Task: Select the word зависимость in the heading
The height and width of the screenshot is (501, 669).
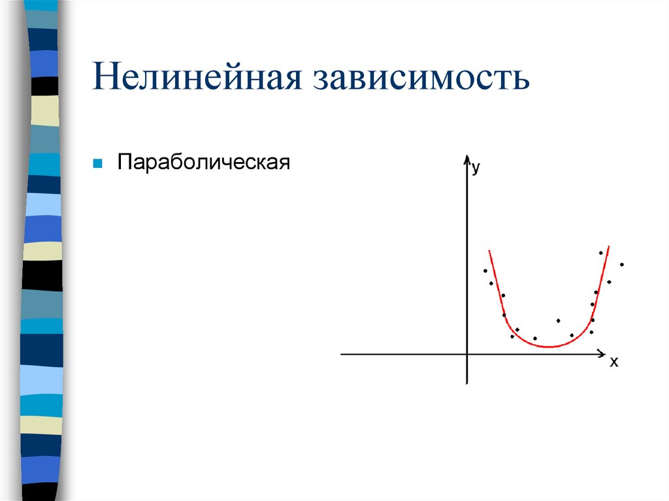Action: pos(422,77)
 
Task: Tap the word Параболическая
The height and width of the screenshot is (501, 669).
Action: pos(203,162)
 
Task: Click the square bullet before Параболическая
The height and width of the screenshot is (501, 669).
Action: pos(97,162)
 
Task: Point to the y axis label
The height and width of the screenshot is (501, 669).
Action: pos(476,168)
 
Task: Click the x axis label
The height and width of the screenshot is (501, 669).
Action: pos(613,363)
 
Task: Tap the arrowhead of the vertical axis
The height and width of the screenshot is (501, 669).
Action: pos(467,159)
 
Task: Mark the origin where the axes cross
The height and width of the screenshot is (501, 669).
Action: pos(467,354)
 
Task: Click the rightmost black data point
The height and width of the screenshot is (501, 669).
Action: pos(622,265)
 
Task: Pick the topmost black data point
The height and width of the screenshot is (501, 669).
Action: pos(600,253)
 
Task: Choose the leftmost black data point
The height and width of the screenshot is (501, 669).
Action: pos(485,270)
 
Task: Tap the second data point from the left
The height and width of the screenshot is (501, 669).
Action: pos(491,283)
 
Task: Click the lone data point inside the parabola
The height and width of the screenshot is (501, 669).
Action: pos(558,320)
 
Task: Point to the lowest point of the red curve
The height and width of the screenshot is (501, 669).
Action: pos(549,346)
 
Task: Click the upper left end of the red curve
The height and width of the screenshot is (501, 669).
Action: pos(489,250)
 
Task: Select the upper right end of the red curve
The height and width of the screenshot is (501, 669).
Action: pos(609,246)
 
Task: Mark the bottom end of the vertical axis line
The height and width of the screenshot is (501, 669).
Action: pos(467,383)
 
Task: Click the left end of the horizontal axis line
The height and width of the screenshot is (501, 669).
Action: pos(342,354)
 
